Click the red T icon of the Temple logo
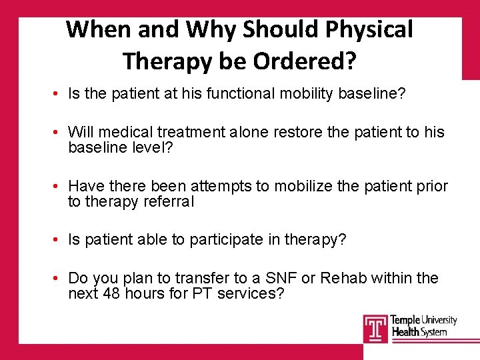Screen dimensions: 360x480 point(375,327)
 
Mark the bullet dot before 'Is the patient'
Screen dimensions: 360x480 point(59,95)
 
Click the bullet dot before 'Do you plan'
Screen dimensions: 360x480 point(59,279)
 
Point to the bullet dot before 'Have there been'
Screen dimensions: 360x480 point(59,187)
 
